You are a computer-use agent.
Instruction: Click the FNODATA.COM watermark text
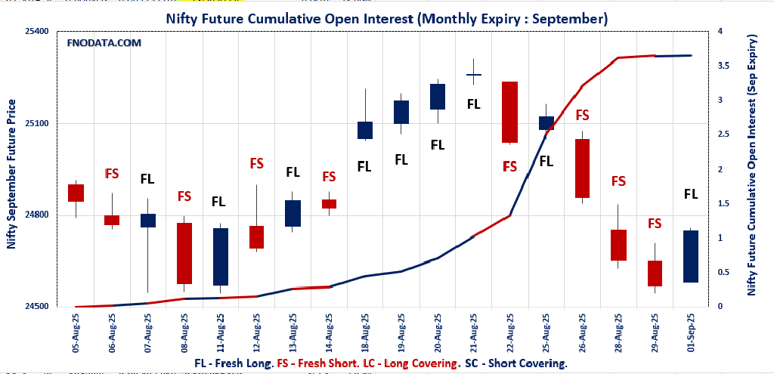coord(104,43)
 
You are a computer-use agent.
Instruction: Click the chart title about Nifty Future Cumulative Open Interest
coord(387,17)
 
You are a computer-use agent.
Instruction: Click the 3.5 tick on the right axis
coord(724,66)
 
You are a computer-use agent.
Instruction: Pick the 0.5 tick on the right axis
coord(724,272)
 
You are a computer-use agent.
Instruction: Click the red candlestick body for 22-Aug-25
coord(509,112)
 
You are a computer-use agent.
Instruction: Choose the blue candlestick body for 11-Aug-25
coord(220,257)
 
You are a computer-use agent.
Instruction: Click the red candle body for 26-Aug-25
coord(582,168)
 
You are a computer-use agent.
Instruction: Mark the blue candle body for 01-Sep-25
coord(691,257)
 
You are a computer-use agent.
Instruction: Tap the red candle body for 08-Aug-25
coord(184,253)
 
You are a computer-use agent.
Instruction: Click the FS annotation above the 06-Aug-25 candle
coord(112,173)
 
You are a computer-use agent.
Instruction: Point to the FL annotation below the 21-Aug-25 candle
coord(474,104)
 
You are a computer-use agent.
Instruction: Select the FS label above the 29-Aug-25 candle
coord(655,224)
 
